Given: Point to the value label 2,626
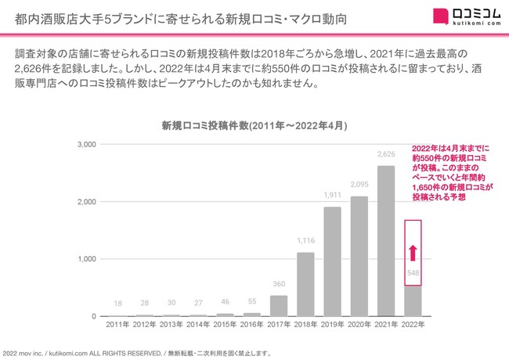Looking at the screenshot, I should tap(385, 155).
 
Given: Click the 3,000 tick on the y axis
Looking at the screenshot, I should tap(85, 145).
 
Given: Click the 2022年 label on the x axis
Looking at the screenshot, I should tap(413, 325).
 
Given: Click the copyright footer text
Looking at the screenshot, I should tap(137, 353).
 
